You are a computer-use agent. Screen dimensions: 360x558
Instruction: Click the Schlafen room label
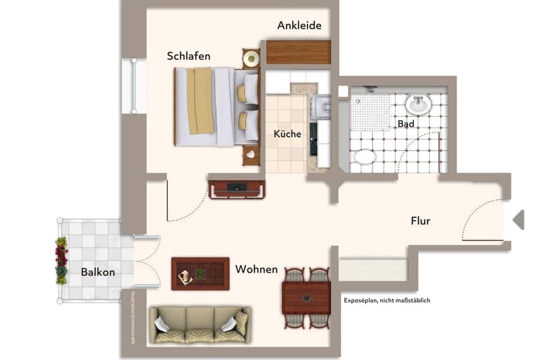point(188,56)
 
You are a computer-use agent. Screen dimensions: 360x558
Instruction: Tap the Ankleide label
point(299,26)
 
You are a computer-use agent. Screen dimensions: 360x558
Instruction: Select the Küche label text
point(287,134)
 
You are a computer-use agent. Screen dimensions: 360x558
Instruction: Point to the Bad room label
point(406,124)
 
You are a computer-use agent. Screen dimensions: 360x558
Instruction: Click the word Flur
point(420,221)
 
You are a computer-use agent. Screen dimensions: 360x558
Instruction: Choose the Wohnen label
point(256,270)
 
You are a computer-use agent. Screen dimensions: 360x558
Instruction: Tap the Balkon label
point(98,272)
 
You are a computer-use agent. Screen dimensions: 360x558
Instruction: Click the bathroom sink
point(418,105)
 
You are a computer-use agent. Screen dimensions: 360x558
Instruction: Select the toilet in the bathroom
point(365,156)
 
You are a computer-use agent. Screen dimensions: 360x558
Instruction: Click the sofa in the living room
point(199,325)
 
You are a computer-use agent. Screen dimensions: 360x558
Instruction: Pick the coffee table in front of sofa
point(200,274)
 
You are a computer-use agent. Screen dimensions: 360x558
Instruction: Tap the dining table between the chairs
point(306,298)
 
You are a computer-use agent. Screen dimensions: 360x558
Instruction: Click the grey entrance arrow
point(518,220)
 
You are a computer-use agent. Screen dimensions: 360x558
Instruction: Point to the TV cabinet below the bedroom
point(237,190)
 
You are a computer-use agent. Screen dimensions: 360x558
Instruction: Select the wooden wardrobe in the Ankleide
point(298,52)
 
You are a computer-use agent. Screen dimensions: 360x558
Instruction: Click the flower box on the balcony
point(61,261)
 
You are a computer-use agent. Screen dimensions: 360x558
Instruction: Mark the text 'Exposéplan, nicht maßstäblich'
point(387,301)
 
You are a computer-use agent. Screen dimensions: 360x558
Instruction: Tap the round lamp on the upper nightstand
point(251,58)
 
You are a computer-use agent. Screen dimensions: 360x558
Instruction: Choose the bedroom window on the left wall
point(134,86)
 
